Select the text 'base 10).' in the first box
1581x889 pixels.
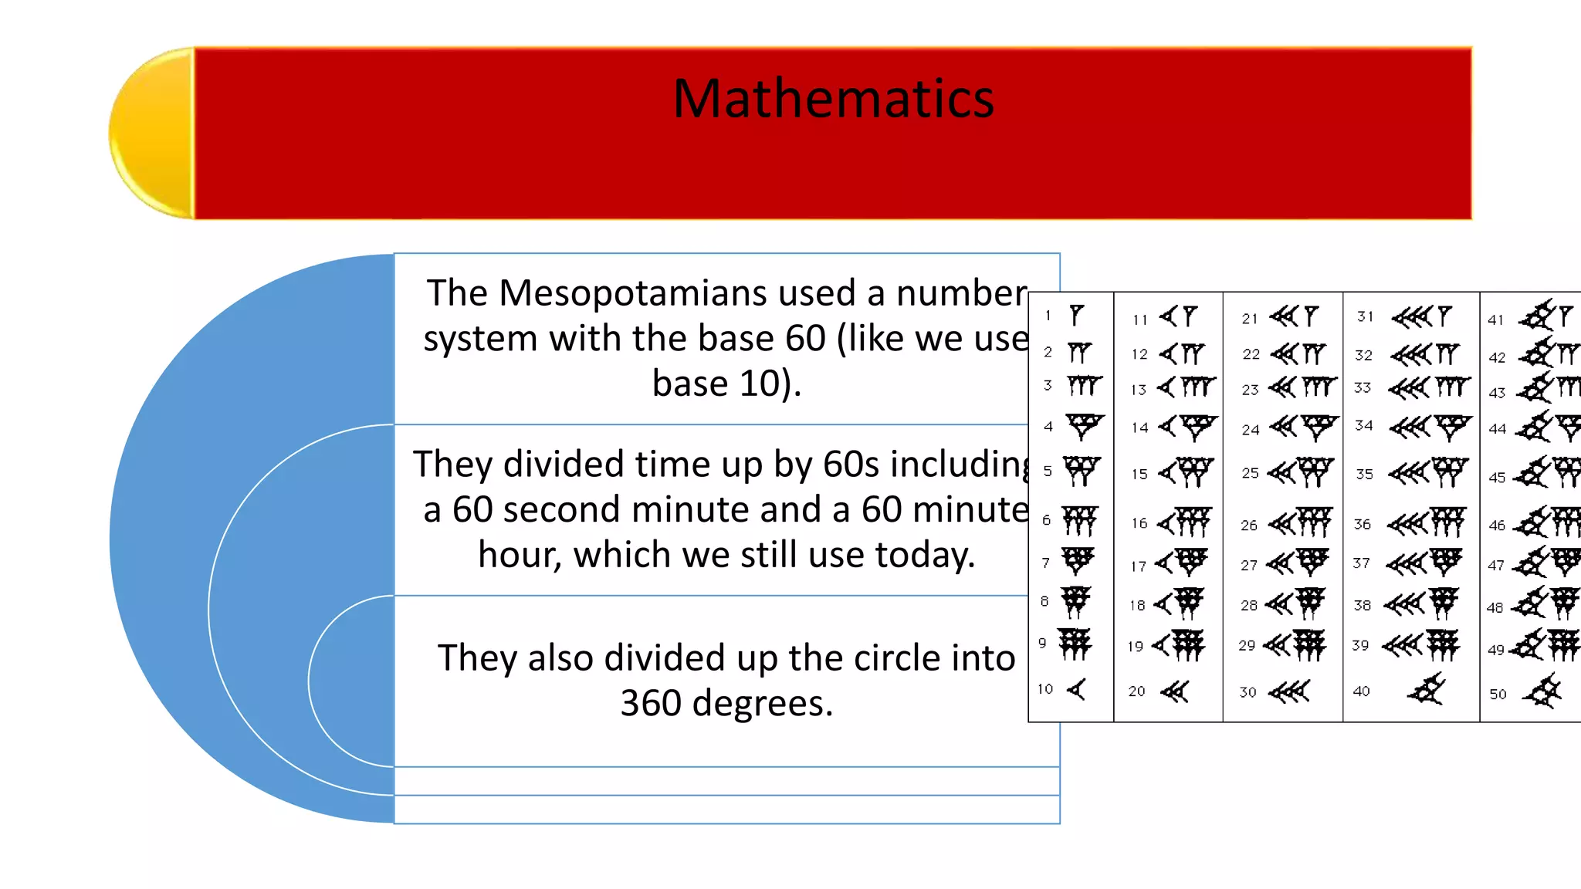coord(726,384)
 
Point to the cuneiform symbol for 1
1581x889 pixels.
coord(1077,315)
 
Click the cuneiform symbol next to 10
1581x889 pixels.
coord(1078,689)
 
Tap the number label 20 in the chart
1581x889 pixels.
coord(1136,691)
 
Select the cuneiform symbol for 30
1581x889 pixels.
coord(1290,691)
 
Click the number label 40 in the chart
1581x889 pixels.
coord(1362,691)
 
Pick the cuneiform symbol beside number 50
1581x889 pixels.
coord(1543,691)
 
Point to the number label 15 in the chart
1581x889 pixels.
coord(1139,474)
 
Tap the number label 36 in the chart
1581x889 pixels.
coord(1363,525)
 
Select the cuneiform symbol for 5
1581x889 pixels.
coord(1081,470)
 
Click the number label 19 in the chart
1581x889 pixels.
coord(1135,647)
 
